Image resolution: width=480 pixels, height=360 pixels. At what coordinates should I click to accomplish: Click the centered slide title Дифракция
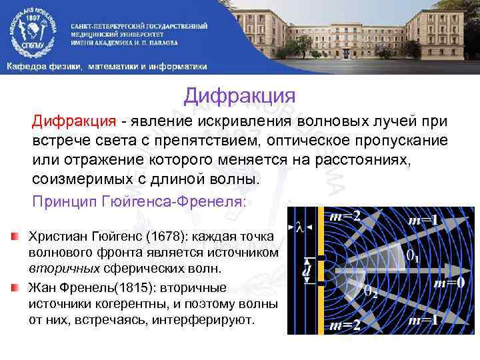coord(239,95)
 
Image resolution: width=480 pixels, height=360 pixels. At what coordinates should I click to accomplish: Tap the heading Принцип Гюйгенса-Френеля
coord(139,201)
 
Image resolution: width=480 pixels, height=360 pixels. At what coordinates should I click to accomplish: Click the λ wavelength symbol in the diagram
coord(301,227)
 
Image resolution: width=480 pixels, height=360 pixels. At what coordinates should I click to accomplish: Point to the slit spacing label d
coord(306,271)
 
